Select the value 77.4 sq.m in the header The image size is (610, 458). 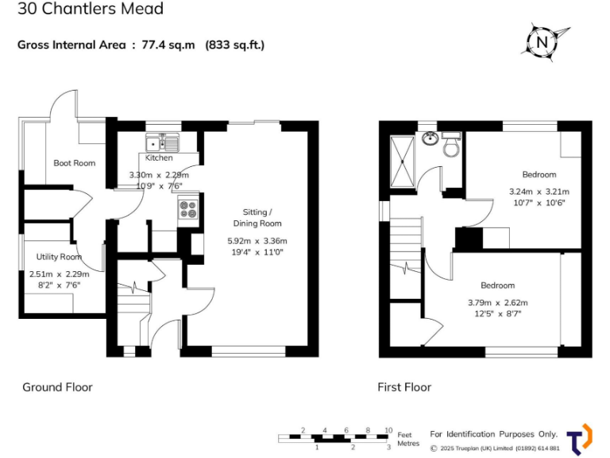click(168, 45)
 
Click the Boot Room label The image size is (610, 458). click(74, 163)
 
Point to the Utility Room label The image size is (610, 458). click(60, 257)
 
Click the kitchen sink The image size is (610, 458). click(161, 144)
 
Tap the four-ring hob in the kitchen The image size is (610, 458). click(188, 209)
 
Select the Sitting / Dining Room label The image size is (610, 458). click(262, 217)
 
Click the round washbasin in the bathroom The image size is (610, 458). click(430, 138)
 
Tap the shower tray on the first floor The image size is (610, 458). click(403, 158)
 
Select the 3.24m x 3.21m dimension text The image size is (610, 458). click(539, 191)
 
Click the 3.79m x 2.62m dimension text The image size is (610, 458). click(497, 302)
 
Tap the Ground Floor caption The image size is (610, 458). click(57, 387)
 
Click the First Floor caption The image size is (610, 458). click(404, 387)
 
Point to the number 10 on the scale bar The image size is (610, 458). click(388, 430)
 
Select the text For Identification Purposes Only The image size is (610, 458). click(493, 434)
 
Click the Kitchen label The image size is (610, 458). click(158, 158)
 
